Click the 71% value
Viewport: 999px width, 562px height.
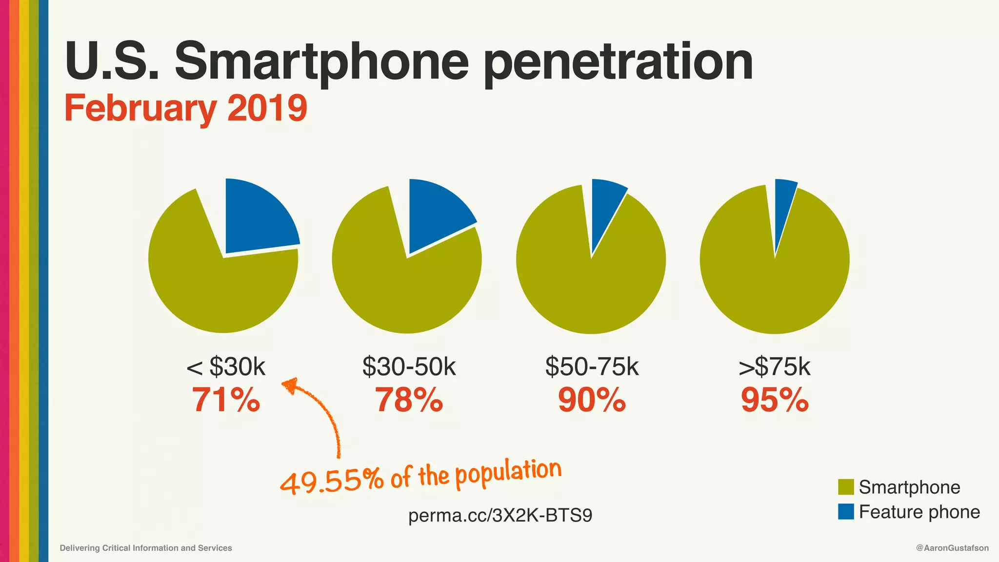tap(225, 400)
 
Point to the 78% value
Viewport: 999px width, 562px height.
tap(409, 400)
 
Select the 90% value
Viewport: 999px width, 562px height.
tap(592, 400)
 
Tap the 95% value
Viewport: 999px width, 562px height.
tap(775, 400)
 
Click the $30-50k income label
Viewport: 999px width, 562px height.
tap(409, 366)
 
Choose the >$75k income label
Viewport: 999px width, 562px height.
tap(775, 366)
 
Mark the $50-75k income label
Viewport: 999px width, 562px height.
tap(592, 366)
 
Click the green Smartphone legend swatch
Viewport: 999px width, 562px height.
tap(846, 487)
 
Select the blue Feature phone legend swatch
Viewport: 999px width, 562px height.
tap(846, 512)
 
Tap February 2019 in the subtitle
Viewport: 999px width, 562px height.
tap(186, 108)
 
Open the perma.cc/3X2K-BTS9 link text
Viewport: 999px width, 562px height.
tap(500, 515)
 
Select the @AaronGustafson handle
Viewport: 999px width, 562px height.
tap(952, 548)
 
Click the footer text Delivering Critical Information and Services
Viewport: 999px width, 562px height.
tap(146, 548)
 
